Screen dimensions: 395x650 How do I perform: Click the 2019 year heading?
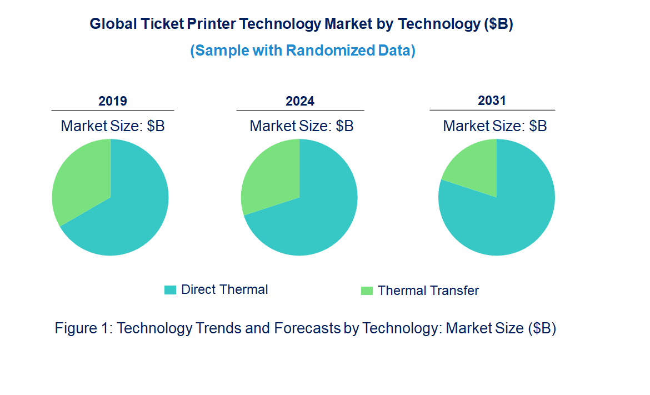click(113, 101)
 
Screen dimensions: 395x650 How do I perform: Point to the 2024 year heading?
click(300, 101)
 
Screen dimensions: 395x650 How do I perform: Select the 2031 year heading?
click(492, 101)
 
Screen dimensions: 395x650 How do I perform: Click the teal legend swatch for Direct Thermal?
click(170, 290)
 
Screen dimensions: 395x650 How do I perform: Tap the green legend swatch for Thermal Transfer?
click(367, 291)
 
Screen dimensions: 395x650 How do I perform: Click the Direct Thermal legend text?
click(224, 289)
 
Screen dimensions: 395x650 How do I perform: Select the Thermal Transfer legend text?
click(428, 291)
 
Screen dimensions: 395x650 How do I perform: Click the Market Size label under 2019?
click(113, 126)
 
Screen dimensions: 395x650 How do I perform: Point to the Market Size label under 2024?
click(302, 126)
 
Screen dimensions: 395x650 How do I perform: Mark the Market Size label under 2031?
click(494, 126)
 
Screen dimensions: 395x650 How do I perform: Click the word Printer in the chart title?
click(213, 24)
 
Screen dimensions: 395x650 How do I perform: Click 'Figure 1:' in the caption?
click(84, 328)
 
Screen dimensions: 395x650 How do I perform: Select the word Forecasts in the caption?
click(307, 328)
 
